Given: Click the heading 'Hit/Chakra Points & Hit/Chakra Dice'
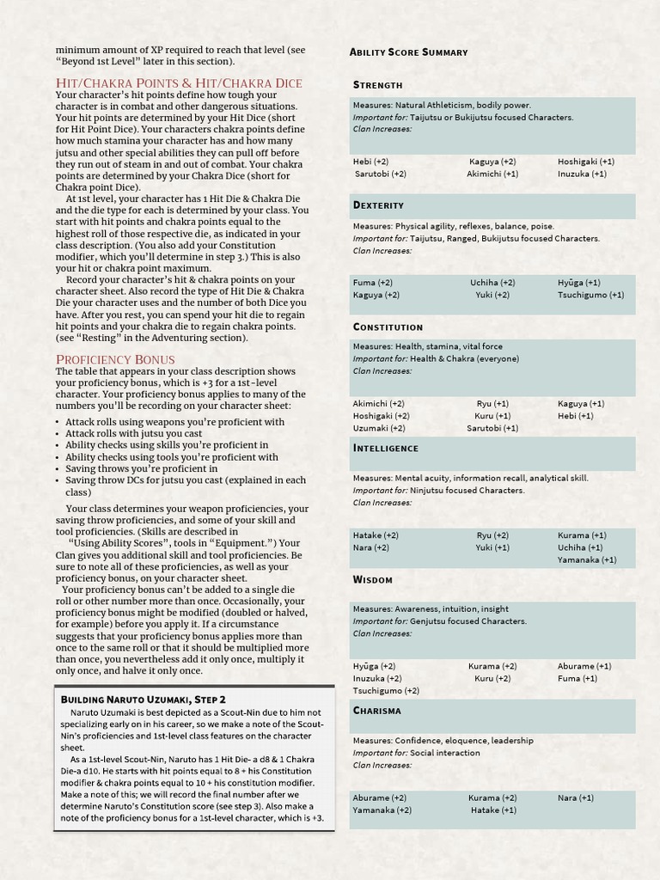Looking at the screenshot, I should (179, 82).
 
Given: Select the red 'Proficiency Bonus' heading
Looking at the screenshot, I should (115, 358).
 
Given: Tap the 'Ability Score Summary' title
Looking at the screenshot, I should (408, 52).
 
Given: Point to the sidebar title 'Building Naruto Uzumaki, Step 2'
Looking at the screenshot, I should (143, 700).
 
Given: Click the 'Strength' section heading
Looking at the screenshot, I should (377, 85).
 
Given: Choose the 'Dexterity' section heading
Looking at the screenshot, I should (378, 205).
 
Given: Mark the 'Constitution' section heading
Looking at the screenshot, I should (388, 327).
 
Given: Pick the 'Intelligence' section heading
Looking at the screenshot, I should (386, 448).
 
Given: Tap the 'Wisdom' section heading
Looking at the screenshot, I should (372, 579).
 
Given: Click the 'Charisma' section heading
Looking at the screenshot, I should (376, 711).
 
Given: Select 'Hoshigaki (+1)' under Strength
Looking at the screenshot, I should (585, 162).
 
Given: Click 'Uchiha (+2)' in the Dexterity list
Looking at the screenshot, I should (492, 283).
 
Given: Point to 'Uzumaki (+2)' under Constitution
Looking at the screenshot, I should (379, 428).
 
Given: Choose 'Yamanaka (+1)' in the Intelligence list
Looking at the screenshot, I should (586, 559).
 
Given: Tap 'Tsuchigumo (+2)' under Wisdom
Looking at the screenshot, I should (386, 690).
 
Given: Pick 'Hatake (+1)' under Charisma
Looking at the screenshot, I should (493, 810).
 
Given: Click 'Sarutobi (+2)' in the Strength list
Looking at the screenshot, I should (381, 174).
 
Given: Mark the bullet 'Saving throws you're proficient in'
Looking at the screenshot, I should (141, 469).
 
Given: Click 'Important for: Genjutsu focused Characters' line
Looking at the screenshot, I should (439, 621).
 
